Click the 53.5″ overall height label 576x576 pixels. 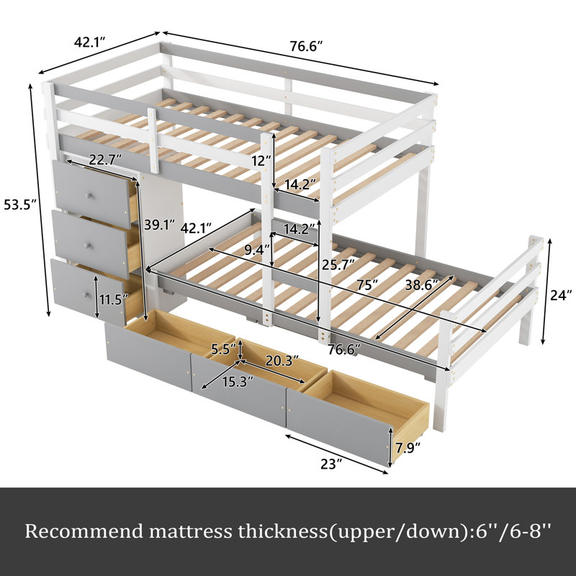point(20,204)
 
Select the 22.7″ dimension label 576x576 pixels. point(105,160)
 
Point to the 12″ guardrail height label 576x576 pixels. point(261,161)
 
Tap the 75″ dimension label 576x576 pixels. point(367,285)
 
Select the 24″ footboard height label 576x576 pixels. point(561,294)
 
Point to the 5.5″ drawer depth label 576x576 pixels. point(223,349)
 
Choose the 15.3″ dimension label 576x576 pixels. point(238,382)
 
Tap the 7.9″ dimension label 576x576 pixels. point(408,448)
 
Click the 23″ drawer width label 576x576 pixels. point(331,464)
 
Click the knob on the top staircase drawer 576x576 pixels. point(89,195)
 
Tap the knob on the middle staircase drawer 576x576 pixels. point(86,246)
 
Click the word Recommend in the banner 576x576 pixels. point(84,531)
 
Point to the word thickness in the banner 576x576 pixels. point(282,531)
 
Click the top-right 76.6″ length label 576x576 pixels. point(307,46)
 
